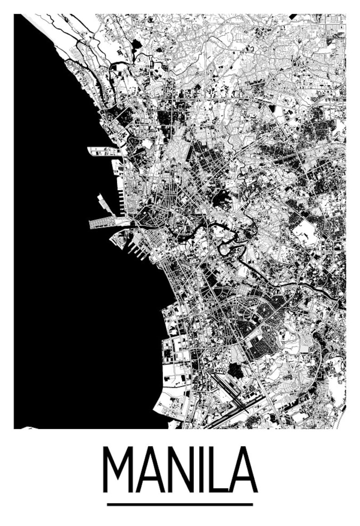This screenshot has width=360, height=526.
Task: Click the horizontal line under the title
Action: [x=180, y=504]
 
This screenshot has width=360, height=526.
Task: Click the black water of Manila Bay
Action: [x=68, y=272]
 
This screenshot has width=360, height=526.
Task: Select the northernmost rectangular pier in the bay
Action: [x=103, y=151]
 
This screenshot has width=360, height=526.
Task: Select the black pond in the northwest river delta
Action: [x=136, y=44]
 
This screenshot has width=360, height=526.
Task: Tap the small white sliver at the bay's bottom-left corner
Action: [x=28, y=427]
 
